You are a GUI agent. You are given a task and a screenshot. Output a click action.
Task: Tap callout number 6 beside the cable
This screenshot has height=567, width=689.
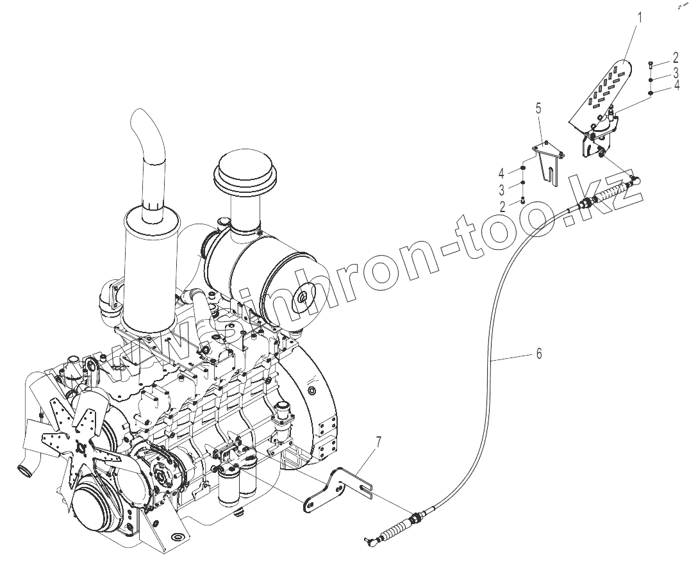point(539,353)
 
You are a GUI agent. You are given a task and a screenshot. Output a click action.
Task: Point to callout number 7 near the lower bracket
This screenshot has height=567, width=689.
point(379,441)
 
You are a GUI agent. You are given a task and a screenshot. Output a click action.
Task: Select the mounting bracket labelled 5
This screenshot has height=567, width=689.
point(549,163)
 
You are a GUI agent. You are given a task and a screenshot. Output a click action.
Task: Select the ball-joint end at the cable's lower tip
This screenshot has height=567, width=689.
point(368,539)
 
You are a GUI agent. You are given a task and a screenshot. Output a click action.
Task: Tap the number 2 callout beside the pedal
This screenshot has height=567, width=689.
point(675,58)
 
